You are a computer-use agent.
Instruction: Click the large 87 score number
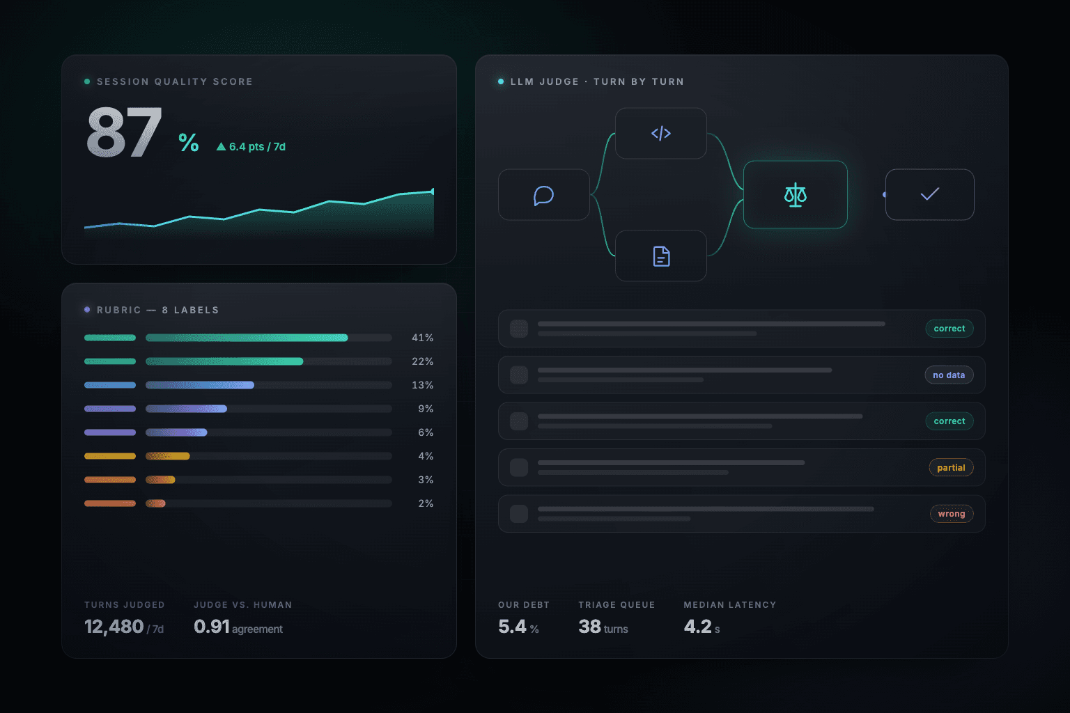point(124,132)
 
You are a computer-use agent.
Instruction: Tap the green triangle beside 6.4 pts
point(221,147)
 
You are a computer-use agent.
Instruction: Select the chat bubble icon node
point(543,195)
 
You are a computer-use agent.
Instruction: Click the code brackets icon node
point(660,133)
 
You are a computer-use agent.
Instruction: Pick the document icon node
point(660,256)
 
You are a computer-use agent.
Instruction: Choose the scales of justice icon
point(796,195)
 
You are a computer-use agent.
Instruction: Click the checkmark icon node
point(929,195)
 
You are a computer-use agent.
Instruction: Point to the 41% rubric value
point(422,338)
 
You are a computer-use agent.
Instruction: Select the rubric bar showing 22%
point(224,361)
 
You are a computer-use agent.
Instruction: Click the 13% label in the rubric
point(422,385)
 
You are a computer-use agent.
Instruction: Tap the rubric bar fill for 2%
point(156,503)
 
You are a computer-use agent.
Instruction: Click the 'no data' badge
point(949,375)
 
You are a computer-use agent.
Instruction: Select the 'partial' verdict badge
point(951,467)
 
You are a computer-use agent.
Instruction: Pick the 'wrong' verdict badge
point(951,514)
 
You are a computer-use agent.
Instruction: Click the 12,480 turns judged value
point(114,627)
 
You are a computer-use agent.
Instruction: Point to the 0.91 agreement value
point(212,627)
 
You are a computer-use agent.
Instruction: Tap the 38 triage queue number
point(589,627)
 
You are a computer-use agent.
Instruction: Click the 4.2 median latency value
point(697,627)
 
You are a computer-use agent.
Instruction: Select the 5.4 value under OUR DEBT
point(512,627)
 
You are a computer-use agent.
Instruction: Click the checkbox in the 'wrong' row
point(519,514)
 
